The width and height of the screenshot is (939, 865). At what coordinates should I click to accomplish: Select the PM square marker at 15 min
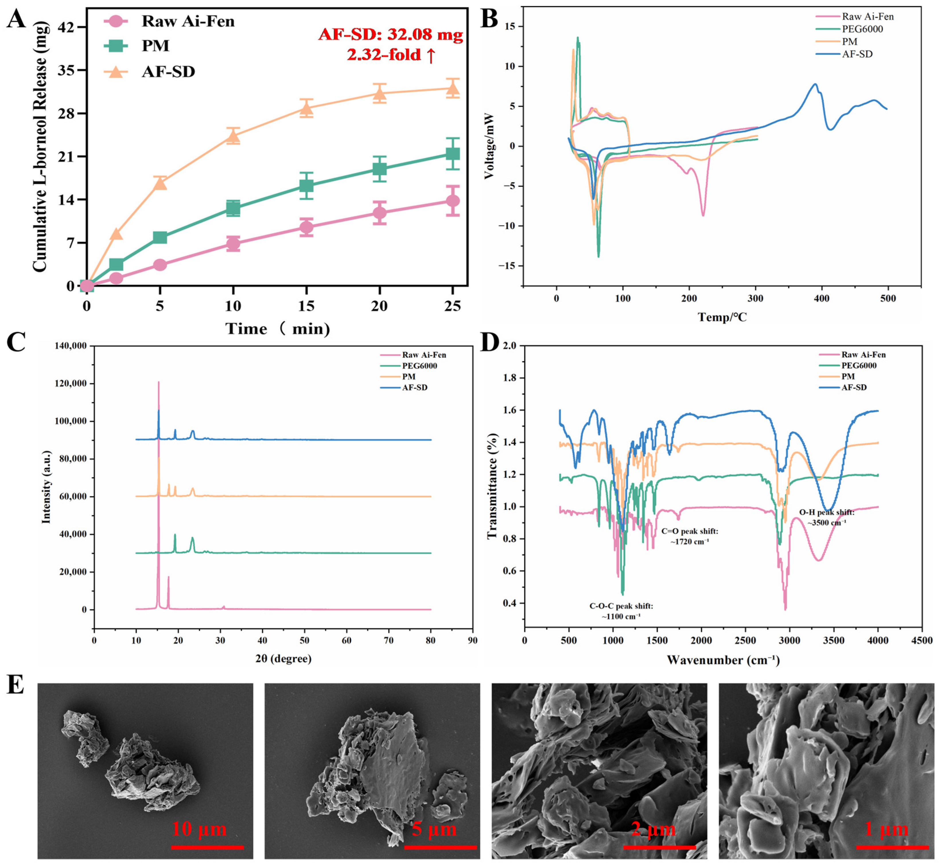pyautogui.click(x=306, y=186)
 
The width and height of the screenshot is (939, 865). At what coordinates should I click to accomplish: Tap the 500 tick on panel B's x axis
pyautogui.click(x=888, y=299)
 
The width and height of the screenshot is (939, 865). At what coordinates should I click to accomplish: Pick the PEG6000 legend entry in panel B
pyautogui.click(x=862, y=29)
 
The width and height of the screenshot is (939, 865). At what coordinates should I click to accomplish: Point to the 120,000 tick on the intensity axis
pyautogui.click(x=71, y=383)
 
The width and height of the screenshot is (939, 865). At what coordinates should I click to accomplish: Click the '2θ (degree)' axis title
pyautogui.click(x=283, y=659)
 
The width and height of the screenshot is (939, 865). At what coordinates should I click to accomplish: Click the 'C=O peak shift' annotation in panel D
pyautogui.click(x=689, y=531)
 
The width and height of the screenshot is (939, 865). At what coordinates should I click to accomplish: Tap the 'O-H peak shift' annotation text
pyautogui.click(x=826, y=512)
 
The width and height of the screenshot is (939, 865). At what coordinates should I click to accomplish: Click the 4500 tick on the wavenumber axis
pyautogui.click(x=921, y=640)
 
